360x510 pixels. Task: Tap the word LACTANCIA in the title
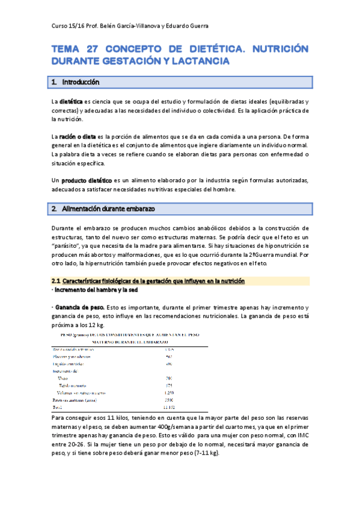tap(197, 61)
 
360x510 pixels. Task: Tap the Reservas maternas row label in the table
tap(75, 400)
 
